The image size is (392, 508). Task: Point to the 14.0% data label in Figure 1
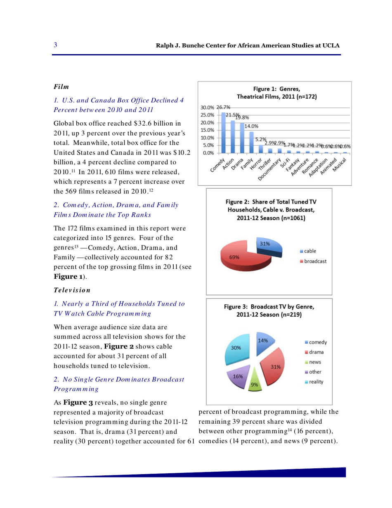click(252, 127)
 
